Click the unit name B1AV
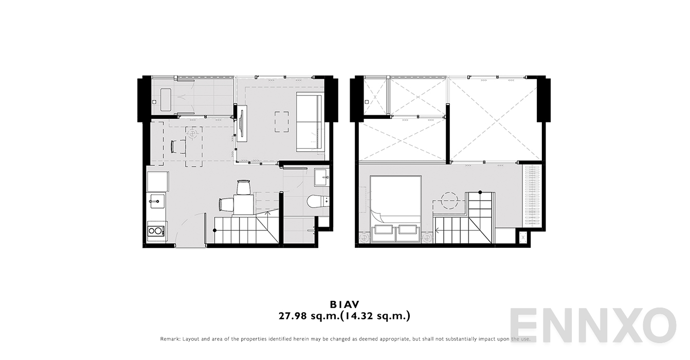point(344,305)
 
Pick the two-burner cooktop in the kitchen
point(156,230)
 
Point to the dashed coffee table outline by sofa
point(281,122)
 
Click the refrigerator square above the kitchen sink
point(157,182)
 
